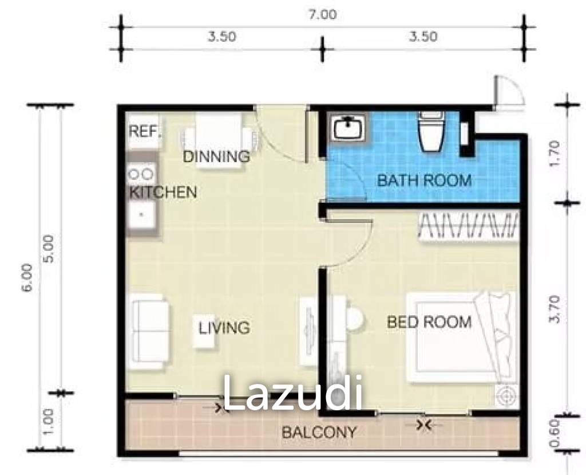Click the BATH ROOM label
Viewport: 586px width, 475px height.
pyautogui.click(x=424, y=180)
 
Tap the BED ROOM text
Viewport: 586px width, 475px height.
pyautogui.click(x=429, y=322)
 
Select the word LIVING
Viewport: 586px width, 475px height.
pyautogui.click(x=224, y=328)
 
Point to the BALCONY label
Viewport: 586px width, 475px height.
pyautogui.click(x=319, y=433)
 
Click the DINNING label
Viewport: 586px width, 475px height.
pyautogui.click(x=216, y=156)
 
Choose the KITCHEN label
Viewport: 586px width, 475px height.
pyautogui.click(x=163, y=193)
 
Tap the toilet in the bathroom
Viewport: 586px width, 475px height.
pyautogui.click(x=431, y=132)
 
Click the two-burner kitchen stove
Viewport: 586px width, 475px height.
pyautogui.click(x=141, y=172)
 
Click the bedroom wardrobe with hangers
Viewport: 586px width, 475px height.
pyautogui.click(x=469, y=225)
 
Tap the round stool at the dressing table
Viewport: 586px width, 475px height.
pyautogui.click(x=354, y=319)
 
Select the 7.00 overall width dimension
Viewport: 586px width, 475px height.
pyautogui.click(x=323, y=15)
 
